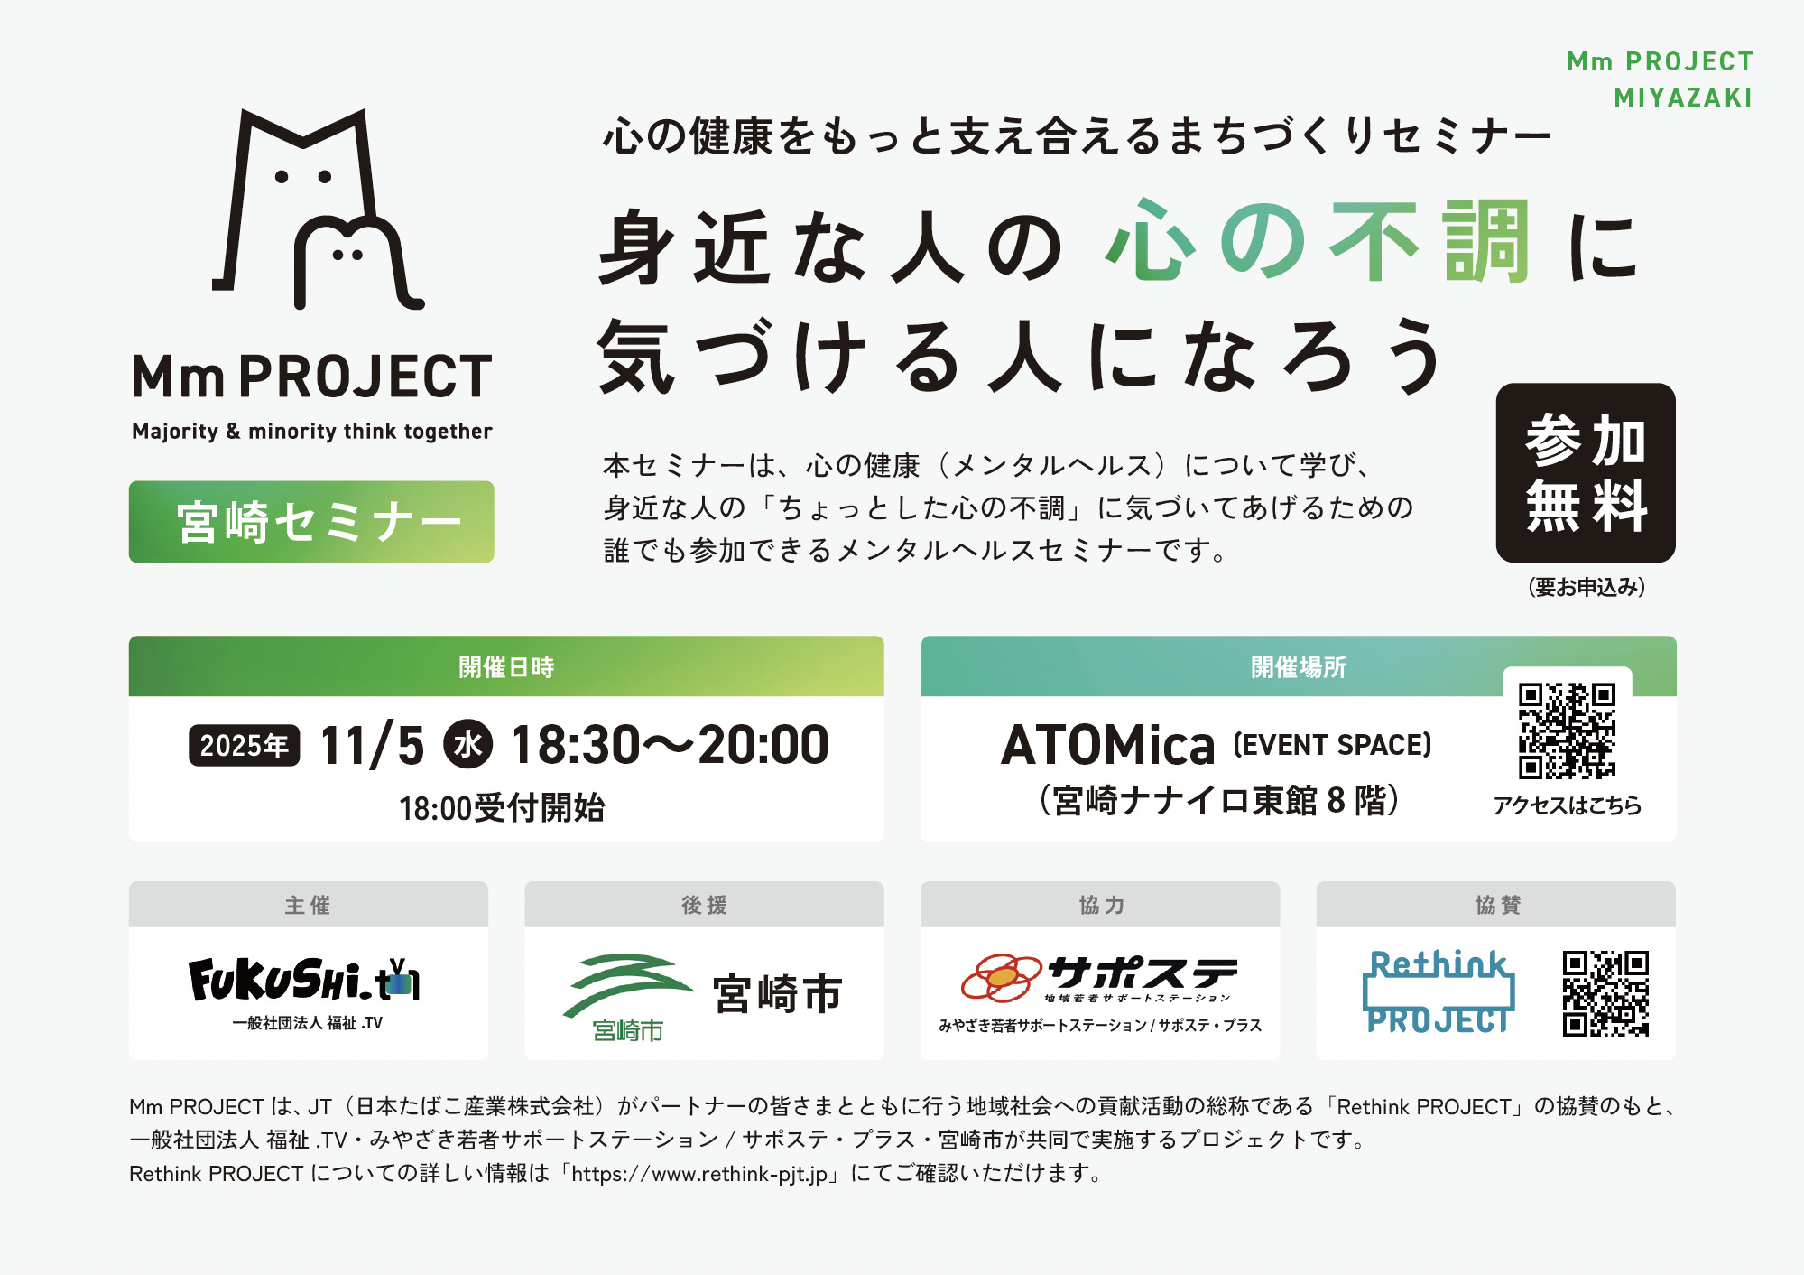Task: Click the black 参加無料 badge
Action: pos(1586,473)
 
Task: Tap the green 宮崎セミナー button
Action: pos(311,522)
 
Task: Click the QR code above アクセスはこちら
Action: pos(1567,731)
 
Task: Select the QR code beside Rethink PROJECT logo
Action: pos(1605,993)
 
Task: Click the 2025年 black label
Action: pos(244,746)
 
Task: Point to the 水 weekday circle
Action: pos(467,744)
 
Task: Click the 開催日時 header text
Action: pos(506,667)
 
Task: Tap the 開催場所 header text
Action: pos(1298,667)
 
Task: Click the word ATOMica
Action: pos(1107,745)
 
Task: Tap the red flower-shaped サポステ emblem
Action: pos(1001,978)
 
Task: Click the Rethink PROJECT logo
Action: pos(1439,991)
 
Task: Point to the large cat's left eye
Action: pos(282,177)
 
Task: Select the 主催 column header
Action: pos(308,905)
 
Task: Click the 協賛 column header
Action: pos(1496,905)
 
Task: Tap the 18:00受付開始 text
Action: pos(502,807)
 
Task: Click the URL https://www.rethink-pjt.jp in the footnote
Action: pos(699,1174)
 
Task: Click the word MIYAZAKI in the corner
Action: pos(1683,98)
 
